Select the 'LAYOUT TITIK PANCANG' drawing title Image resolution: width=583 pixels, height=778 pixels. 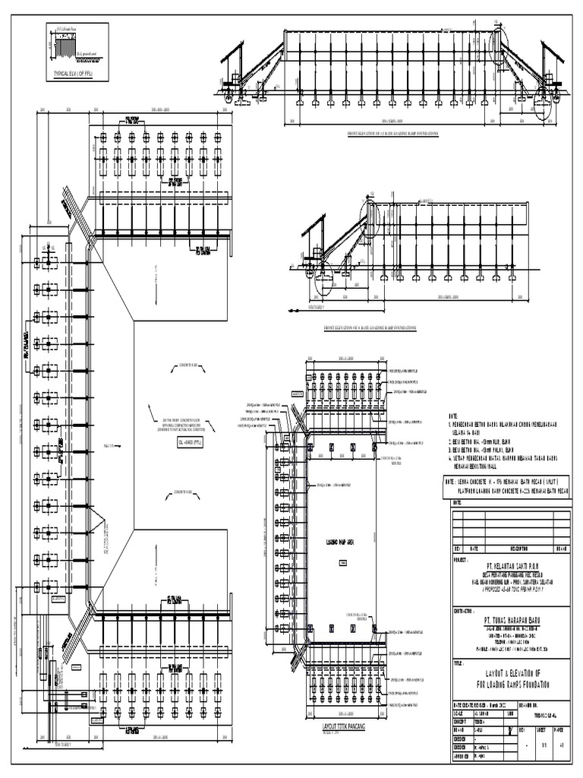pyautogui.click(x=336, y=727)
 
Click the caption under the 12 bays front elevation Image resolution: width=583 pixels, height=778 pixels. pyautogui.click(x=392, y=133)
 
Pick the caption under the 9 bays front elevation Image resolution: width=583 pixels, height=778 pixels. pyautogui.click(x=370, y=327)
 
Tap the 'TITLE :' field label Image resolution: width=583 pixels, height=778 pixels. pyautogui.click(x=460, y=663)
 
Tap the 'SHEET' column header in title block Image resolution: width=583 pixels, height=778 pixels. pyautogui.click(x=541, y=728)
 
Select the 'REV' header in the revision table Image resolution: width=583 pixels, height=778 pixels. pyautogui.click(x=457, y=547)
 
